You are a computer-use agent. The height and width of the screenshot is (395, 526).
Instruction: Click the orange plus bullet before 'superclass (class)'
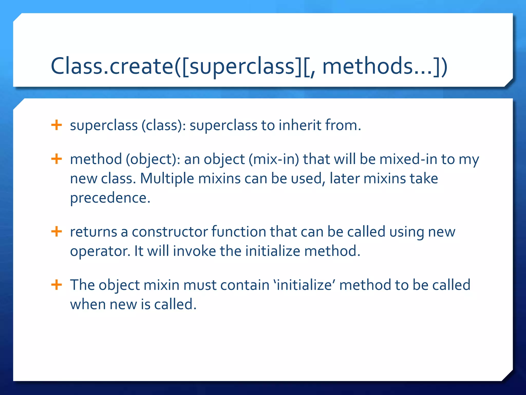(x=57, y=125)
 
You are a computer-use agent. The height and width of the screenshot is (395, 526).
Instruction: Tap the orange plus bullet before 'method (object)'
(x=57, y=159)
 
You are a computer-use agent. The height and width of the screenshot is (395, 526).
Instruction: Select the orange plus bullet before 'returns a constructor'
(x=57, y=231)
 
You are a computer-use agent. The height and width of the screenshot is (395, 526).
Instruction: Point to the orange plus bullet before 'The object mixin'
(x=57, y=285)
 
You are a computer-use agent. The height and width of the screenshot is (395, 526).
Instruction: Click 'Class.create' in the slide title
(x=112, y=66)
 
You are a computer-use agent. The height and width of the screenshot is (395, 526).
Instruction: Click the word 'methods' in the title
(x=367, y=66)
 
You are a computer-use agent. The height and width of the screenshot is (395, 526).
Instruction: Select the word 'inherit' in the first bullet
(x=300, y=125)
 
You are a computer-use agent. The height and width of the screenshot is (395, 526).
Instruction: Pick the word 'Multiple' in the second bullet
(x=167, y=178)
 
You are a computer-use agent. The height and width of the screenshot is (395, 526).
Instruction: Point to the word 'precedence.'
(x=110, y=198)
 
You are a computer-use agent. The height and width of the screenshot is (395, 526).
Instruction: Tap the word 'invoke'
(x=194, y=251)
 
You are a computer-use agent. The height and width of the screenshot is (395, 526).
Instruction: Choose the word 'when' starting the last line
(x=88, y=304)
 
